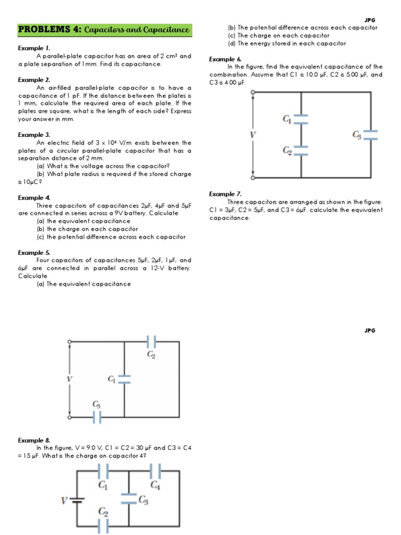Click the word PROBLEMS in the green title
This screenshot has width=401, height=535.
[x=41, y=30]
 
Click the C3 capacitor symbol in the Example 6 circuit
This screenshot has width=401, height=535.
[x=370, y=135]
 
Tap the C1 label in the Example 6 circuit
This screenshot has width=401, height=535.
[x=287, y=119]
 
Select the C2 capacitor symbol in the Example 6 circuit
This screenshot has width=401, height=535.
[x=301, y=150]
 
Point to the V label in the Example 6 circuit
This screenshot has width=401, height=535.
[x=254, y=135]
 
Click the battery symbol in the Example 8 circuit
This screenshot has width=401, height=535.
[x=77, y=500]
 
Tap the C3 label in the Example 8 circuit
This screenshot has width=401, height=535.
[x=144, y=500]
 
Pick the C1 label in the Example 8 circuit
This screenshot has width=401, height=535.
[x=103, y=484]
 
